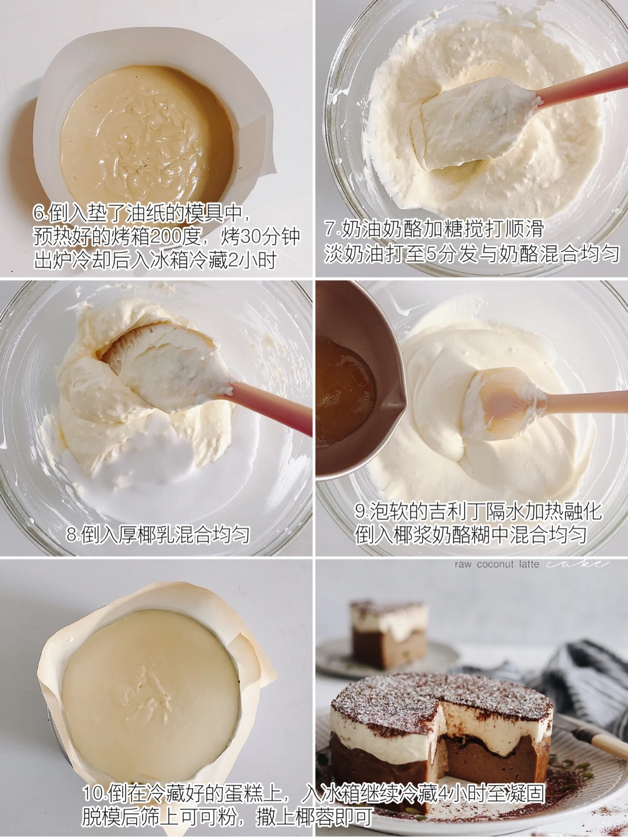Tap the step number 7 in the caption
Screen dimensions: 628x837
point(330,229)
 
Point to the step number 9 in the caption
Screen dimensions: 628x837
point(361,511)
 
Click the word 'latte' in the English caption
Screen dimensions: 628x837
point(529,564)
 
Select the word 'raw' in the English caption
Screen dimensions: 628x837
point(463,565)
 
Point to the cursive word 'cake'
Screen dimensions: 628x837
point(576,564)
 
